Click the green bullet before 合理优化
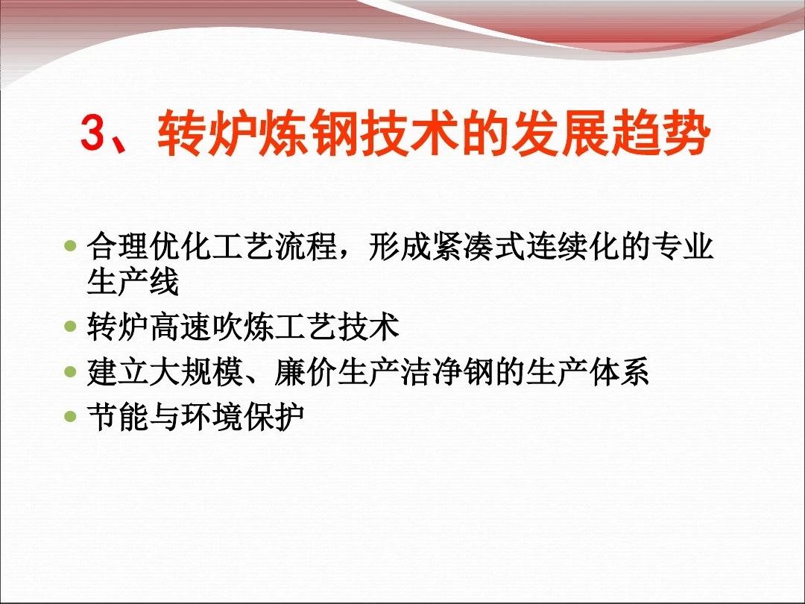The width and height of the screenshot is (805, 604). click(x=70, y=245)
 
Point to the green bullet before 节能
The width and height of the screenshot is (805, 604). click(x=70, y=415)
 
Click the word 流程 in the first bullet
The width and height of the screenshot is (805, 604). click(x=306, y=246)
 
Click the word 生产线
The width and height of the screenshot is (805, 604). click(x=133, y=281)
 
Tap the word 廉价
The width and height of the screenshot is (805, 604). click(x=306, y=371)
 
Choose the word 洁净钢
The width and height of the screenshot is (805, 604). click(x=446, y=371)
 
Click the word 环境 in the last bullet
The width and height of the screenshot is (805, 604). click(x=212, y=415)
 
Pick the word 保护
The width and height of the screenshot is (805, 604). click(x=274, y=415)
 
